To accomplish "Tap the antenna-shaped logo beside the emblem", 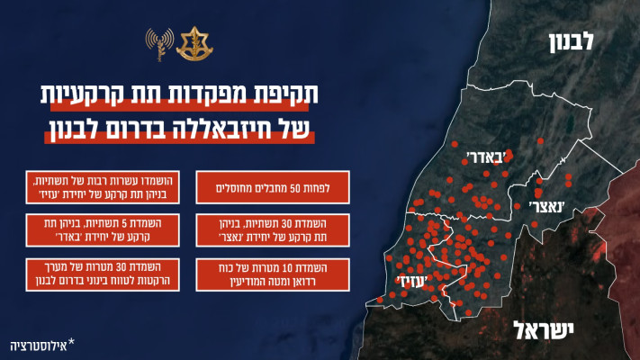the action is (x=159, y=44).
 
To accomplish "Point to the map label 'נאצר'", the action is (x=536, y=206).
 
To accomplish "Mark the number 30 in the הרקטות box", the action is (x=143, y=267).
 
